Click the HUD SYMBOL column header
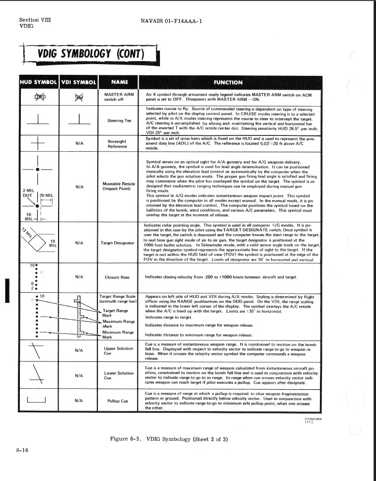pyautogui.click(x=39, y=81)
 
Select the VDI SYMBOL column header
pyautogui.click(x=78, y=81)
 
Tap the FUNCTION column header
pyautogui.click(x=229, y=82)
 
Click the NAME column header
pyautogui.click(x=119, y=81)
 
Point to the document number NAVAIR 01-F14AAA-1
pyautogui.click(x=171, y=21)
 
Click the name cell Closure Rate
pyautogui.click(x=119, y=277)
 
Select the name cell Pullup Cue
pyautogui.click(x=119, y=400)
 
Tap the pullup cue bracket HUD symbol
pyautogui.click(x=36, y=399)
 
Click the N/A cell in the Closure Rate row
pyautogui.click(x=79, y=277)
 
